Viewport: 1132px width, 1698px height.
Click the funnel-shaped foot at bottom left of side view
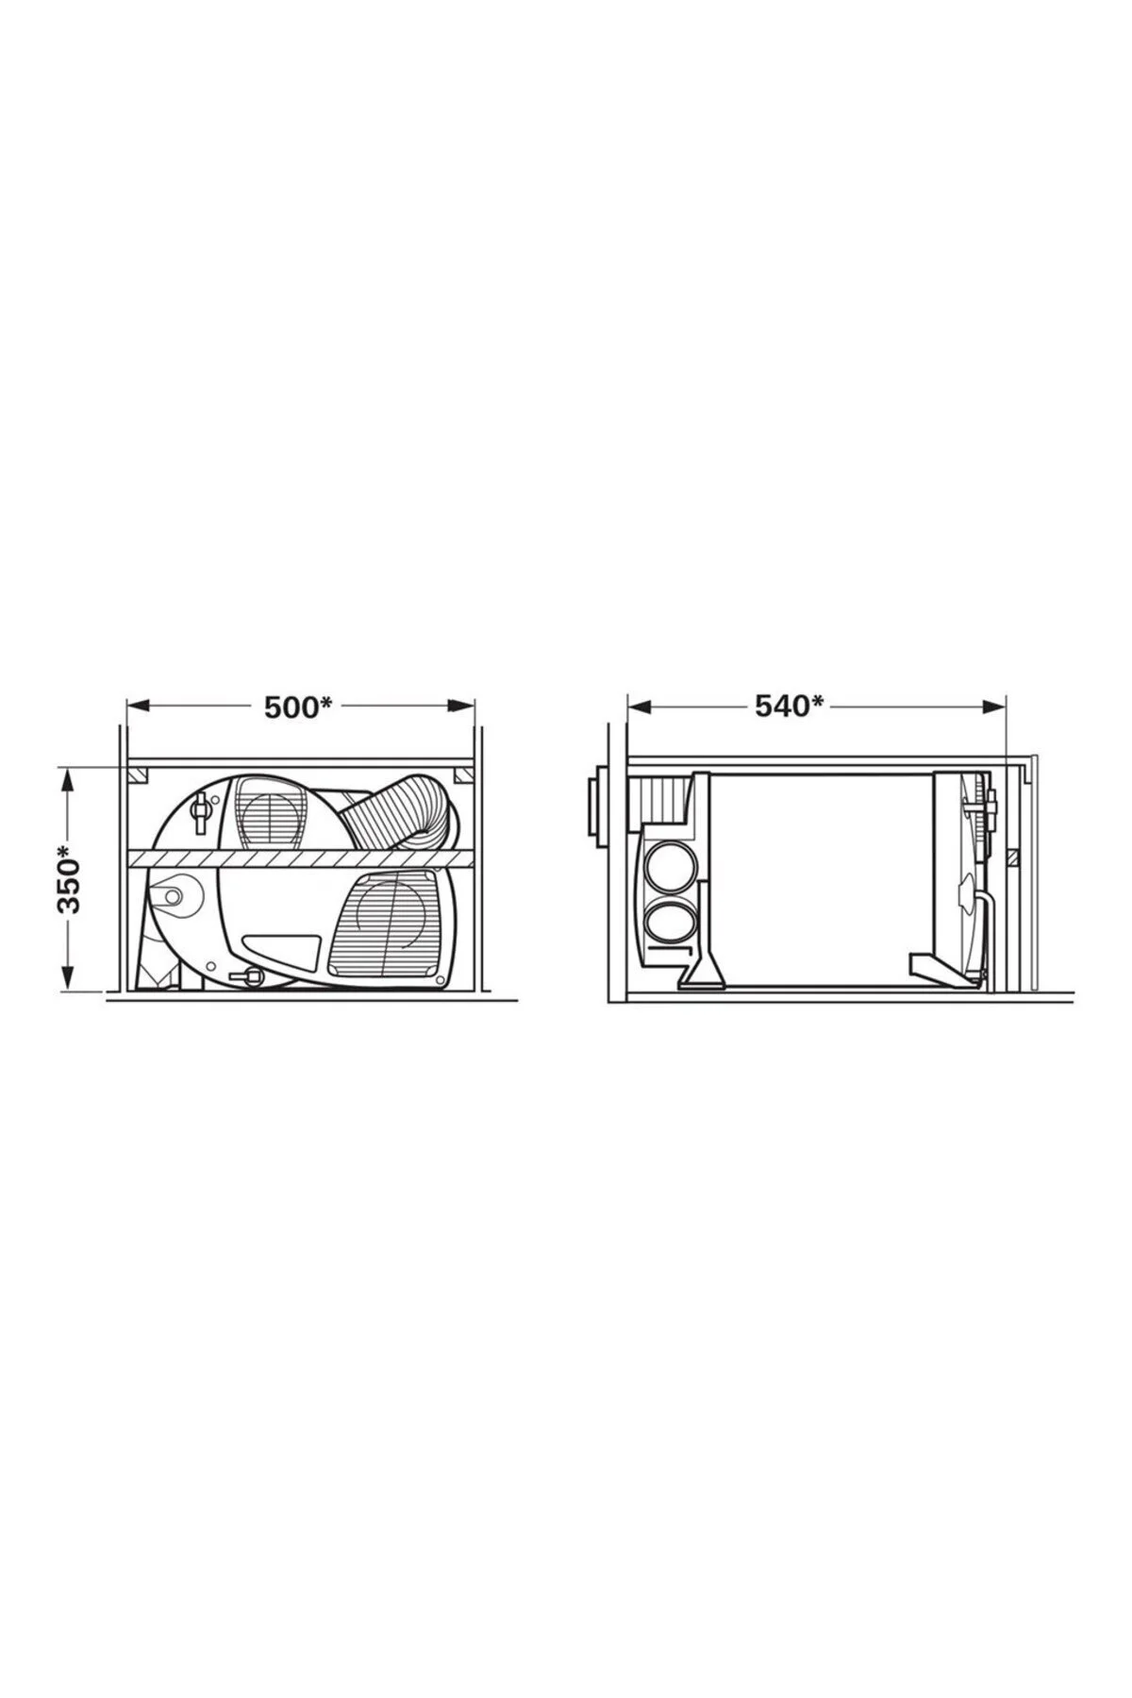point(703,972)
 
